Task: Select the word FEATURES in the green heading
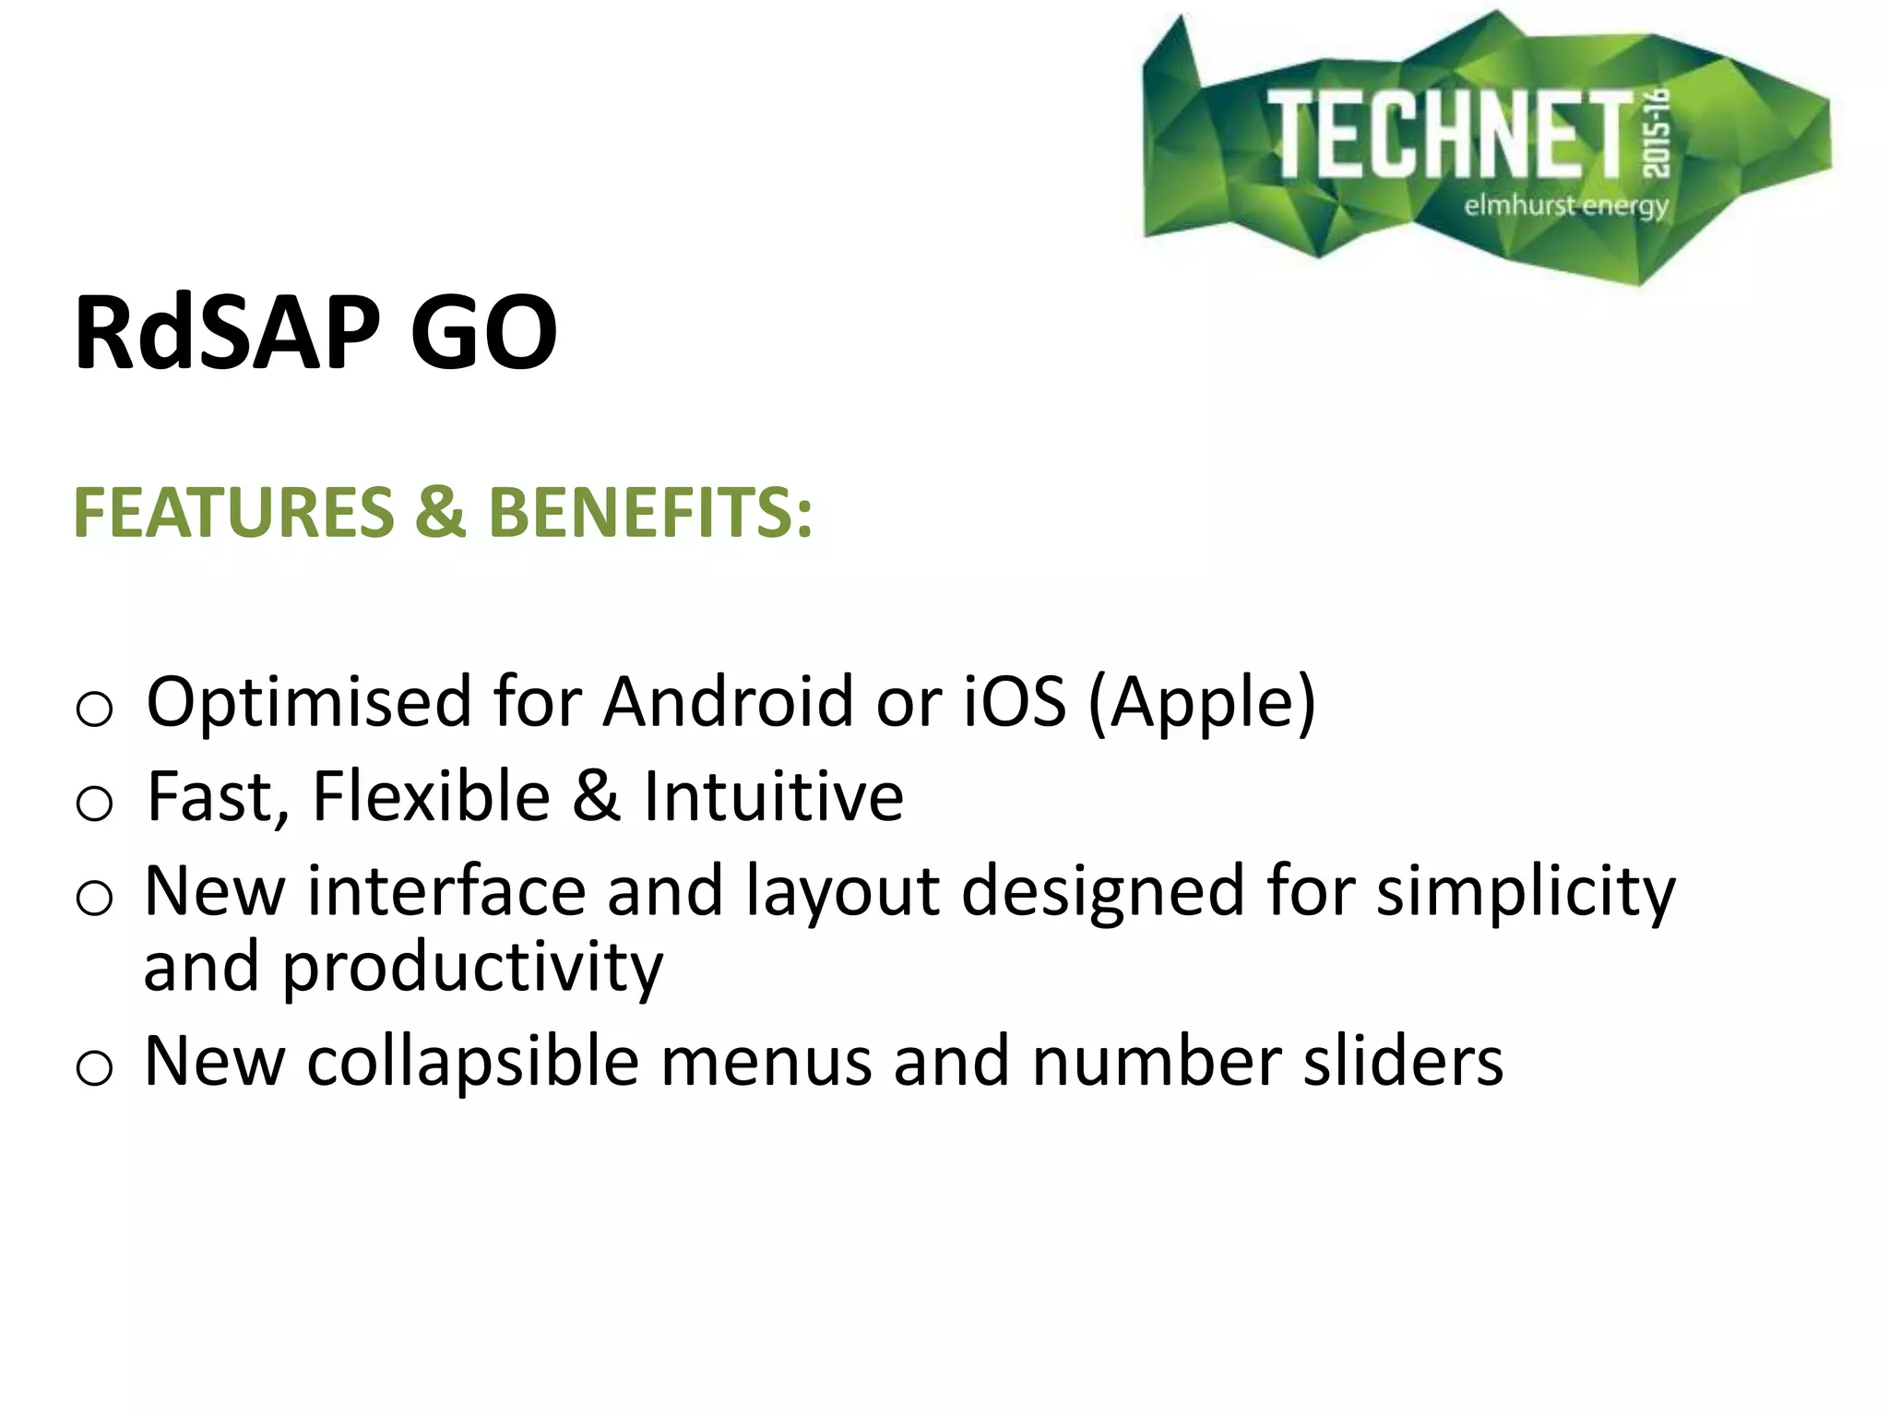(233, 513)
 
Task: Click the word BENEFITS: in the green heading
(650, 513)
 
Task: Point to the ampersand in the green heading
(440, 513)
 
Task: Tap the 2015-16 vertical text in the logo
(1657, 133)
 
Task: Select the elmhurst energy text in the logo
(1566, 205)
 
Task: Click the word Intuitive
(773, 797)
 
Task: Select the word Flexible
(431, 797)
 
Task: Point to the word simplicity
(1526, 893)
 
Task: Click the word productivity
(472, 969)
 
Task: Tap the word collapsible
(472, 1063)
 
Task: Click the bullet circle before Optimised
(94, 709)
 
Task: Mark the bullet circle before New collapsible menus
(94, 1069)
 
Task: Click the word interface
(446, 891)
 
